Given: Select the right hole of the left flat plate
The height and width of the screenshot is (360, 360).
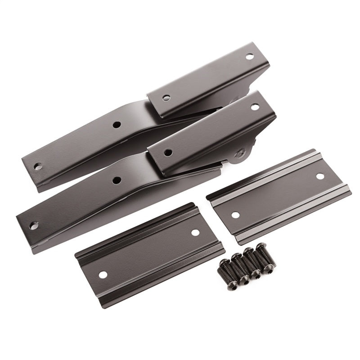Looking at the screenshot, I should point(195,233).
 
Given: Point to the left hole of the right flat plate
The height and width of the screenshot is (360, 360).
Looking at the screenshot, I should point(234,215).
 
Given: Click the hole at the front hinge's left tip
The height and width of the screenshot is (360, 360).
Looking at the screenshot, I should point(34,224).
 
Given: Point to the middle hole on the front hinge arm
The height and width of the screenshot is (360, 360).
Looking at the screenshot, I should point(117,180).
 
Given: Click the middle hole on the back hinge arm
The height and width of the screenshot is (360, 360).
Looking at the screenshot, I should point(116,125).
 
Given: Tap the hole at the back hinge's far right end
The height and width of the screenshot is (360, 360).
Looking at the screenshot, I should point(248,57).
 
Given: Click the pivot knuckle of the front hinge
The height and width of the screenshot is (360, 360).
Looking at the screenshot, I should point(239,156).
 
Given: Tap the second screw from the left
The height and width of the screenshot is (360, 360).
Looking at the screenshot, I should point(234,268).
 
